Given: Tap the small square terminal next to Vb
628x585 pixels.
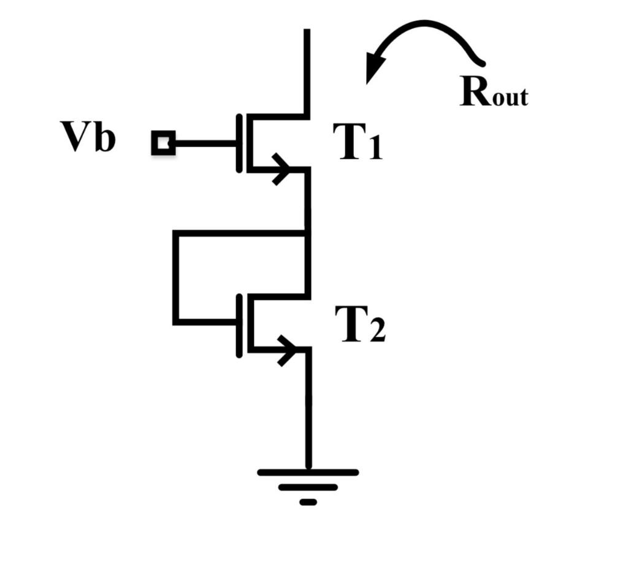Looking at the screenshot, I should [x=163, y=143].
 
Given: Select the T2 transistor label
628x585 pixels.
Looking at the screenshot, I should [x=359, y=324].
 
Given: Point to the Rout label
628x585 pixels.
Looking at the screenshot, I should [x=493, y=93].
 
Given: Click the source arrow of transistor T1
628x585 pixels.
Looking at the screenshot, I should [x=281, y=169].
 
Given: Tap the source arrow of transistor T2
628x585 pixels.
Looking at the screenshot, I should [x=287, y=350].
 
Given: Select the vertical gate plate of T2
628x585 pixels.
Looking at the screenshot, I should [x=239, y=324].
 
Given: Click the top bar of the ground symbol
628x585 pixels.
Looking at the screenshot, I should [x=308, y=472].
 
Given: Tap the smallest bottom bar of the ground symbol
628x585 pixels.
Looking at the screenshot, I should [x=308, y=502].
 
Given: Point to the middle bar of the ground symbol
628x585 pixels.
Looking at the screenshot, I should [x=308, y=487].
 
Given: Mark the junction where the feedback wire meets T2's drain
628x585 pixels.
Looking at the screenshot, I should [x=307, y=233].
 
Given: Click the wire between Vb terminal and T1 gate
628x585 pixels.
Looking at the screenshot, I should [x=205, y=143].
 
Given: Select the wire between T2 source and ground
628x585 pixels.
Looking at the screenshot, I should [x=308, y=411].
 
